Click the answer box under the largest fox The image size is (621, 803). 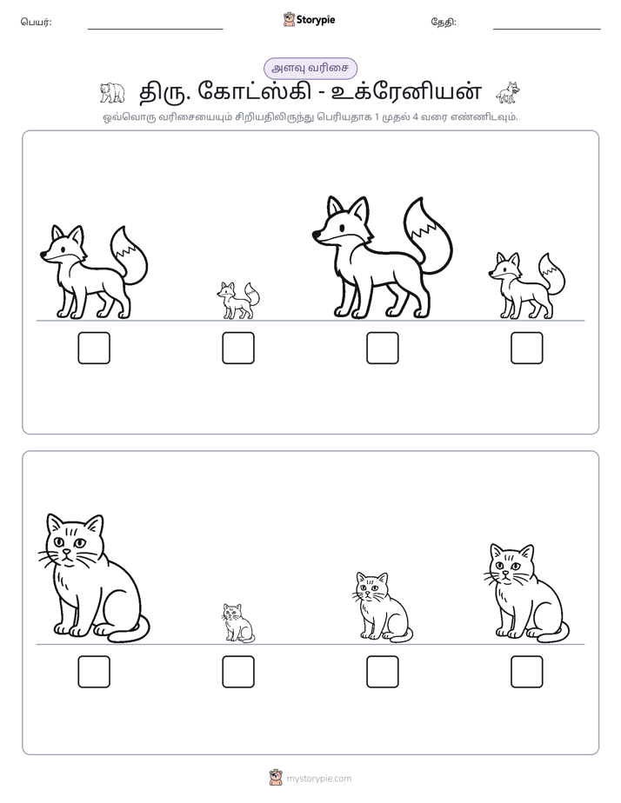point(382,348)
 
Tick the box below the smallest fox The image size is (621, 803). point(238,348)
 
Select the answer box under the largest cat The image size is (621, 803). point(94,672)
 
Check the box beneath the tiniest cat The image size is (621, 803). point(238,672)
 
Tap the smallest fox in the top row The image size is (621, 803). point(237,301)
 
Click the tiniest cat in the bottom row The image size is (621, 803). point(238,623)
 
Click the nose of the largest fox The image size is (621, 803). point(316,235)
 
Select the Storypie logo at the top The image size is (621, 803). point(309,20)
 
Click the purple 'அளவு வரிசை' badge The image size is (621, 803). point(310,69)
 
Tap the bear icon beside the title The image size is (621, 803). point(111,92)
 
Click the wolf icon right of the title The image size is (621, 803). point(508,92)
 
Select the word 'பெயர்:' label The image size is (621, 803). point(36,22)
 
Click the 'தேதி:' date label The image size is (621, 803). point(444,22)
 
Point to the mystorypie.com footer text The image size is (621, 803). point(318,779)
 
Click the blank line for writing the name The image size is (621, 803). point(155,30)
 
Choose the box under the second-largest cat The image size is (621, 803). point(527,672)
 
